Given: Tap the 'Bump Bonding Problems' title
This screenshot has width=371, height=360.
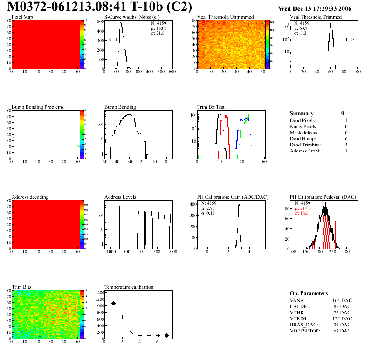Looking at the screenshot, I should tap(38, 107).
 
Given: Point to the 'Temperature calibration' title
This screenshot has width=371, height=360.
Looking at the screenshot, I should tap(129, 287).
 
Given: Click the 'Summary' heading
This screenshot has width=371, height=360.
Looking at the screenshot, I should tap(302, 113).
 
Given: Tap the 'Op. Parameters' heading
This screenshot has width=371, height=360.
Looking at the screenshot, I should tap(309, 293).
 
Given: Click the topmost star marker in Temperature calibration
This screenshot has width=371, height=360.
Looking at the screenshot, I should tap(105, 294).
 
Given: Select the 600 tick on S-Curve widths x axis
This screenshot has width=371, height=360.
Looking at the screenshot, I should tap(172, 72).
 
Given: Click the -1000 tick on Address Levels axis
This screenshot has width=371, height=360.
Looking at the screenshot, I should tap(110, 252).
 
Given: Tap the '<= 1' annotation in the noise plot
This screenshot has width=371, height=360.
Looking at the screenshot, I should tap(112, 40).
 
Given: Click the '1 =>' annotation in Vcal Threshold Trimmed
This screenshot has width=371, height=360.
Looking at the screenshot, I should tap(350, 40).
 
